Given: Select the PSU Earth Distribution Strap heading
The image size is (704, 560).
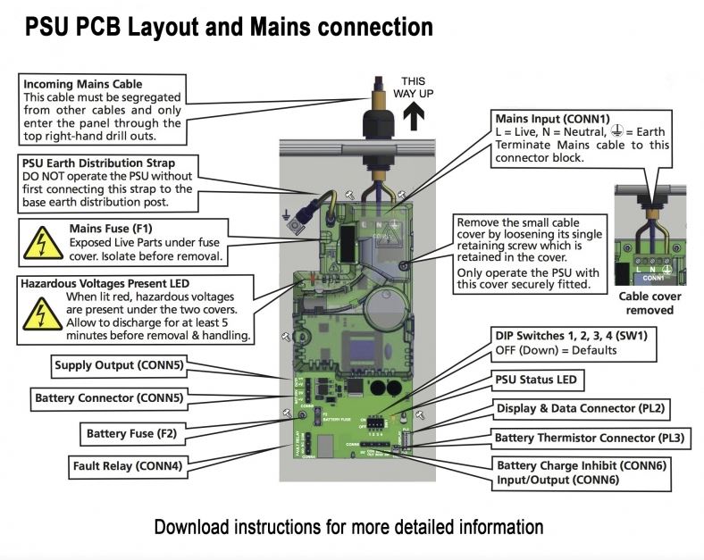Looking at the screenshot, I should pos(98,163).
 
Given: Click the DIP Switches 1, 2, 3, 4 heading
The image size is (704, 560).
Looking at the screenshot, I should pos(572,336).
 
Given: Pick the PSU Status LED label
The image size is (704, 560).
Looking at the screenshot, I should pos(536,380).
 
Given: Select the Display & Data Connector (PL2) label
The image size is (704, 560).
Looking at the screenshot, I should pos(582,409).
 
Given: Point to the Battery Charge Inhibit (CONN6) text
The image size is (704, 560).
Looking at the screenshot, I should pos(582,466).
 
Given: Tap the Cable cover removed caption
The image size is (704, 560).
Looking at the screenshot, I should pos(650,304).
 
